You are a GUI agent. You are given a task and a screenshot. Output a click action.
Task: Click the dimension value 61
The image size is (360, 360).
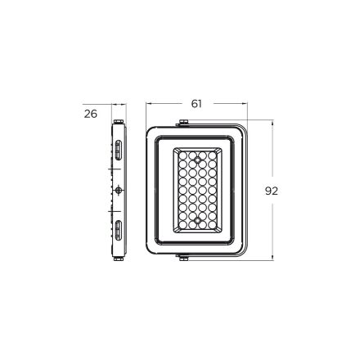coord(196,104)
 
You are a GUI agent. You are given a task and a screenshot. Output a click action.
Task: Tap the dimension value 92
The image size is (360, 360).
coord(272,191)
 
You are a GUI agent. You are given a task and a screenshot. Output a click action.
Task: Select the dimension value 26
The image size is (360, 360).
coord(91,114)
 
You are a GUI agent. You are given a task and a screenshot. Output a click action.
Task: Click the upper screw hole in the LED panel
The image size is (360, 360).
coord(197,159)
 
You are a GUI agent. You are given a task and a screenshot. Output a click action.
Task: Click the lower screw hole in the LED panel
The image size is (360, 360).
coord(197,220)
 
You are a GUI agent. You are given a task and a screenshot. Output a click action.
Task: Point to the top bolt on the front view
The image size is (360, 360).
coord(183,123)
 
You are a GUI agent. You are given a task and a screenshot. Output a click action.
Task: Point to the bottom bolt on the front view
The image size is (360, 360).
coord(183,258)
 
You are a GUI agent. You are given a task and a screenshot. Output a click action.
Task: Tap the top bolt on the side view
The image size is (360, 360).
coord(119,121)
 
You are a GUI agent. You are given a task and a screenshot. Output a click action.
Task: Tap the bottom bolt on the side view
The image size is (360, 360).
coord(119,259)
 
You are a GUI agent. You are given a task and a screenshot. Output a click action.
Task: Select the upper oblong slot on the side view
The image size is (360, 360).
coord(118,150)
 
